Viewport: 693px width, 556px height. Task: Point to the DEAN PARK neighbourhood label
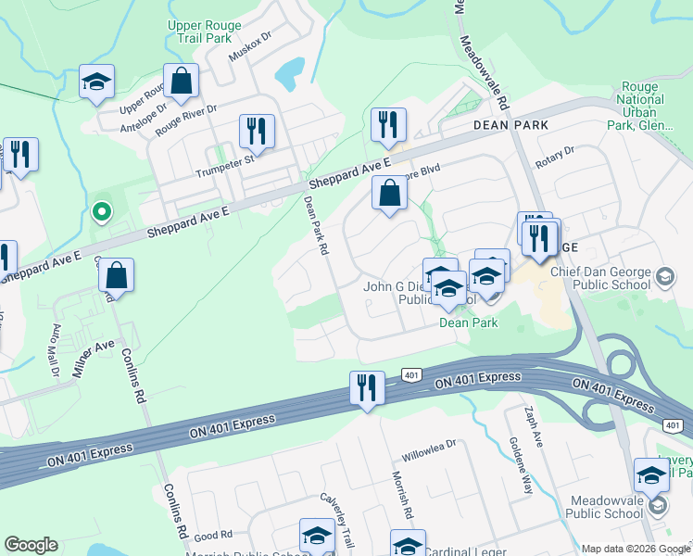pyautogui.click(x=510, y=124)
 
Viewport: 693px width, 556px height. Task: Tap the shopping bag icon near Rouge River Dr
pyautogui.click(x=182, y=82)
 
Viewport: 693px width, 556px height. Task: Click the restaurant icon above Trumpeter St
pyautogui.click(x=257, y=132)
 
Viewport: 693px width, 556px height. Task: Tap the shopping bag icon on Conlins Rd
pyautogui.click(x=117, y=275)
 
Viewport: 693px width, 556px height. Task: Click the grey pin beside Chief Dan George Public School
pyautogui.click(x=664, y=277)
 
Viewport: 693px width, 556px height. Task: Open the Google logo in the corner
pyautogui.click(x=31, y=545)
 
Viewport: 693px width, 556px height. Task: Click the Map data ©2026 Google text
pyautogui.click(x=635, y=549)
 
